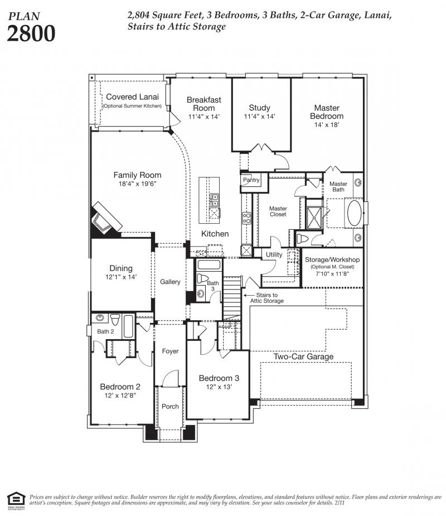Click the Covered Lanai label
coord(132,97)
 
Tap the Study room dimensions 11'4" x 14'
coord(259,117)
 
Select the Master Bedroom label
coord(327,112)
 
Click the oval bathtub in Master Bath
coord(354,213)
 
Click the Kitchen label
coord(215,234)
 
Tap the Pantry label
coord(251,180)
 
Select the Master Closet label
coord(278,211)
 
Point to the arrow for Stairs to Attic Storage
coord(249,296)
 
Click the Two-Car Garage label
coord(303,356)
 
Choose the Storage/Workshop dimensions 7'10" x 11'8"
coord(332,273)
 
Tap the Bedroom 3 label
coord(219,378)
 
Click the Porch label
coord(170,407)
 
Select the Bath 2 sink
coord(100,317)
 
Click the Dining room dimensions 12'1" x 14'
coord(121,277)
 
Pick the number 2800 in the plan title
coord(31,33)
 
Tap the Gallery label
coord(170,282)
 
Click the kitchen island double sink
coord(215,200)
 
